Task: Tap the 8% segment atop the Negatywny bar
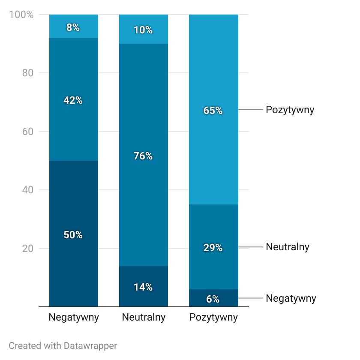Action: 74,27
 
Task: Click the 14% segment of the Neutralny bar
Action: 143,287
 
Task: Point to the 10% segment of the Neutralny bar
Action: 143,29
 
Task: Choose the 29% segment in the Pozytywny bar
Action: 213,247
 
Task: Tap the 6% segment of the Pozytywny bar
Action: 213,298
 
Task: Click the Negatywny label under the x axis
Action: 74,318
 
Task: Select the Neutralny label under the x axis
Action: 144,318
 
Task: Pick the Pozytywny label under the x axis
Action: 213,318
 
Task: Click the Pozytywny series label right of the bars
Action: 290,110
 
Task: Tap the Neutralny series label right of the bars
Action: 287,247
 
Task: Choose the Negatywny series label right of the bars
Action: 291,298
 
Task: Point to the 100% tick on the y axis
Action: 21,15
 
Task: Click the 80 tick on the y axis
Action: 28,73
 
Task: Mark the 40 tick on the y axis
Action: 28,190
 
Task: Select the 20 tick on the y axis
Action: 28,249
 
